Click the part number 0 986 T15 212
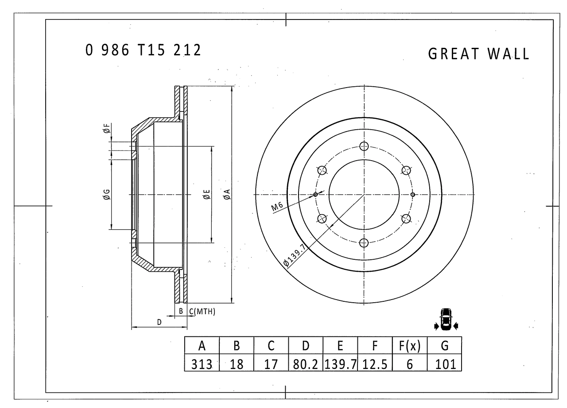click(x=143, y=50)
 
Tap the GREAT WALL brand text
click(x=478, y=54)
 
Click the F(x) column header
click(x=410, y=346)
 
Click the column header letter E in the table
click(x=340, y=346)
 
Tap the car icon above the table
click(x=446, y=319)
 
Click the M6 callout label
click(x=277, y=206)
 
